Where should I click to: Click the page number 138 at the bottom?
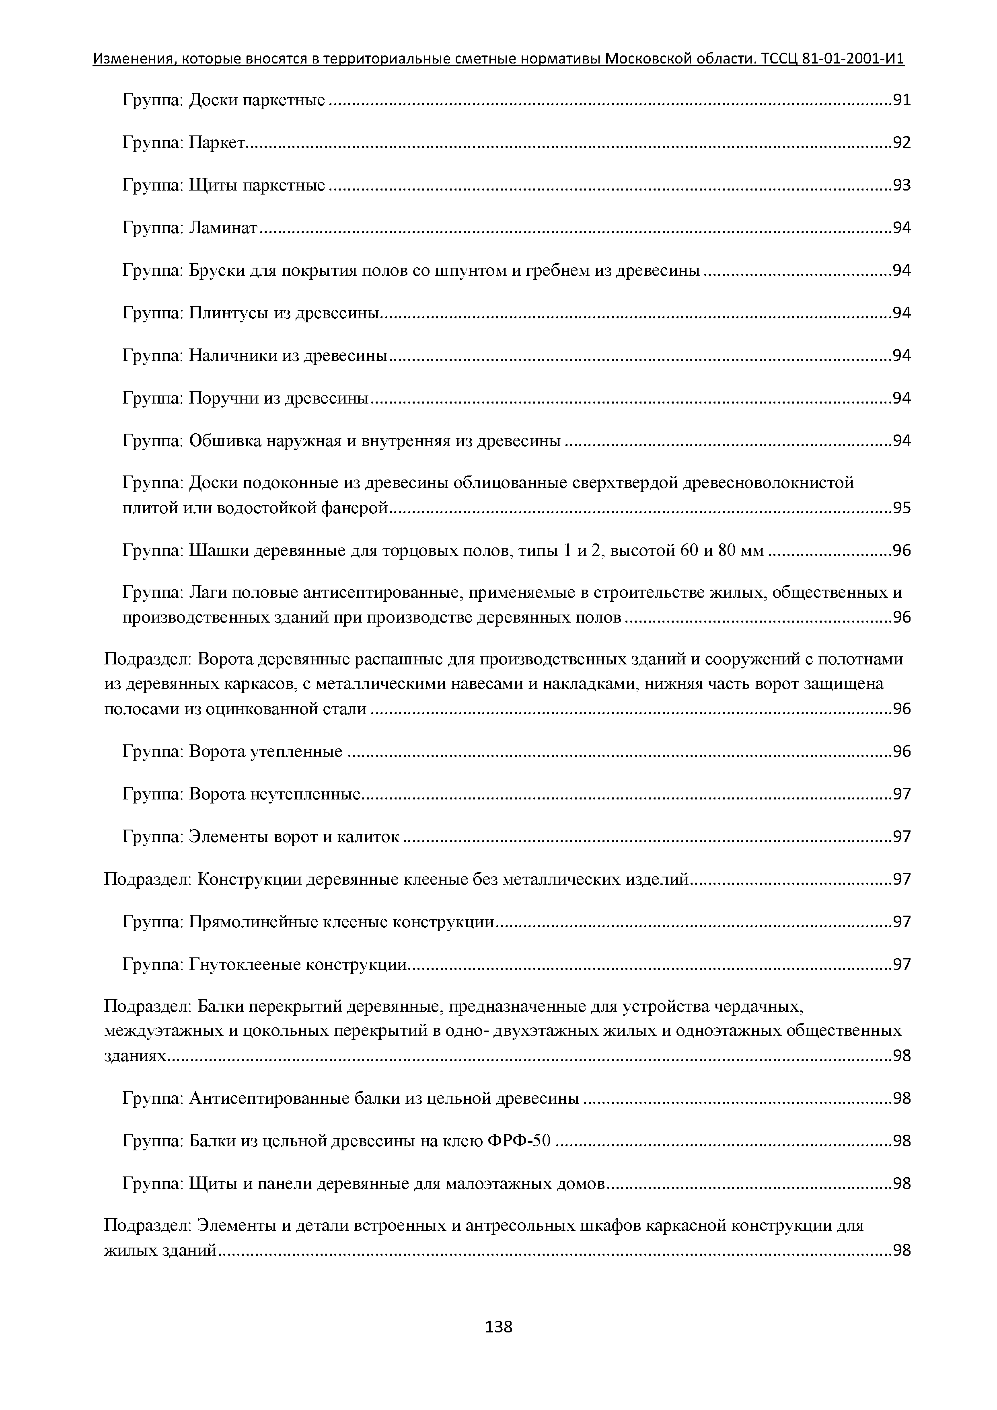click(x=498, y=1327)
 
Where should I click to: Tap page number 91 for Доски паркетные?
click(x=901, y=100)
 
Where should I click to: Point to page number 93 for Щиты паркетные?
click(x=901, y=185)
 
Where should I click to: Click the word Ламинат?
click(x=222, y=228)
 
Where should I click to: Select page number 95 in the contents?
click(x=901, y=508)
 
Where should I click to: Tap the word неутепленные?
click(x=305, y=794)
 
